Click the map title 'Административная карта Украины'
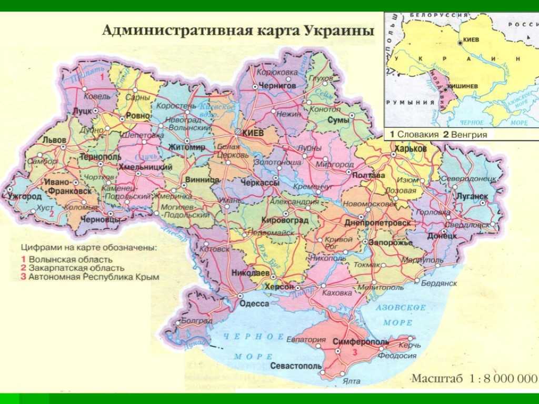(238, 30)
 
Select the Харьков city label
(409, 149)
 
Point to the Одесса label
(254, 304)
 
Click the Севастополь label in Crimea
(296, 366)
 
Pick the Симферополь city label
(361, 342)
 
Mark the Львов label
(54, 140)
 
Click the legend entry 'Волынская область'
(71, 259)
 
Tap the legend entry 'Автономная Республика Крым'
(94, 276)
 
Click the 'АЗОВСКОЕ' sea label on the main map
(401, 307)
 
